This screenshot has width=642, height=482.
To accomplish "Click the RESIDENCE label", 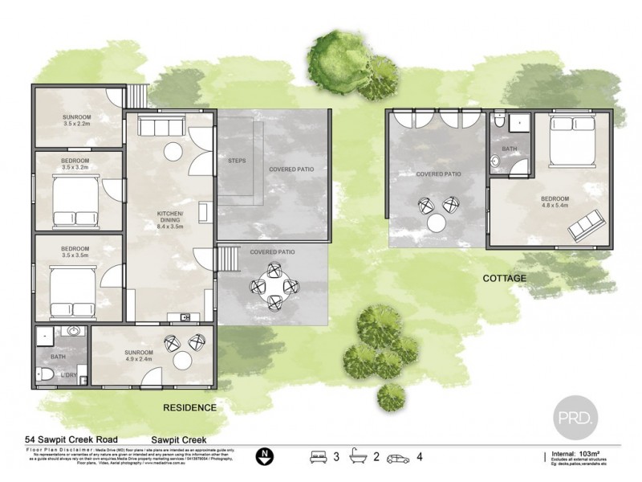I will pyautogui.click(x=189, y=407).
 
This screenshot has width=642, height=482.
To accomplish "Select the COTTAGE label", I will pyautogui.click(x=504, y=278).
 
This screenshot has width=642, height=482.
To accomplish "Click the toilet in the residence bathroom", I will pyautogui.click(x=46, y=374).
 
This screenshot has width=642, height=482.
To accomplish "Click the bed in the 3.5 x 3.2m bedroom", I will pyautogui.click(x=75, y=199).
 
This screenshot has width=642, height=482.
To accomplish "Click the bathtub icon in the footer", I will pyautogui.click(x=360, y=458).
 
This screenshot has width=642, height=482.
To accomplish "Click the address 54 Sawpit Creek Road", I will pyautogui.click(x=70, y=439).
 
